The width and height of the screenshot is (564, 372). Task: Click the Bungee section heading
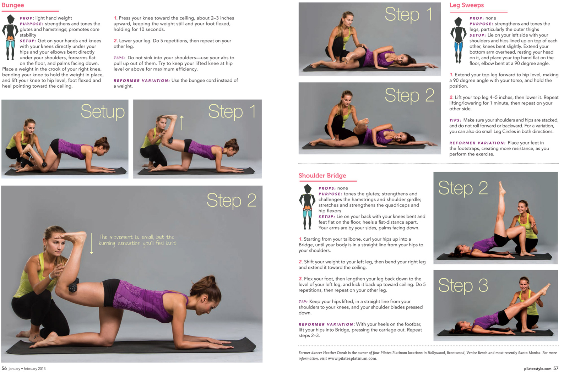click(x=13, y=5)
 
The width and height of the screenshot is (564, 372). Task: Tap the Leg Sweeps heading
click(x=467, y=5)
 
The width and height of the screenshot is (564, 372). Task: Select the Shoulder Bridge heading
click(x=322, y=175)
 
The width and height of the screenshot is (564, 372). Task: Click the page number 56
click(x=4, y=368)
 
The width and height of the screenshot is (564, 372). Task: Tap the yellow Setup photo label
click(x=103, y=111)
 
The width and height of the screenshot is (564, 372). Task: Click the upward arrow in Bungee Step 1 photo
click(x=181, y=122)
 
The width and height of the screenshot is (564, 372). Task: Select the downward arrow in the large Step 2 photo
click(x=91, y=244)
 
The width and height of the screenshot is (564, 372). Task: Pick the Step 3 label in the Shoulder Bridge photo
click(x=463, y=286)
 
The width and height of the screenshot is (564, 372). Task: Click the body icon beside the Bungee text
click(x=10, y=37)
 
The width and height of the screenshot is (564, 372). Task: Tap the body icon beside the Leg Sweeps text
click(x=458, y=40)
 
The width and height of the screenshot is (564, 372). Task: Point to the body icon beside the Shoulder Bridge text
click(x=307, y=207)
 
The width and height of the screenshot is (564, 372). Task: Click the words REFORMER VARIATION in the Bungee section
click(x=141, y=81)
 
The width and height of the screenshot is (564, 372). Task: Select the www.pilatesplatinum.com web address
click(x=352, y=359)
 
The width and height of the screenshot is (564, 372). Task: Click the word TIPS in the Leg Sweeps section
click(x=455, y=120)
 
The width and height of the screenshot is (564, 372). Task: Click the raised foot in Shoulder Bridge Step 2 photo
click(x=501, y=188)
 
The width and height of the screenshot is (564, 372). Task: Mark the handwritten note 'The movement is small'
click(x=137, y=240)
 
